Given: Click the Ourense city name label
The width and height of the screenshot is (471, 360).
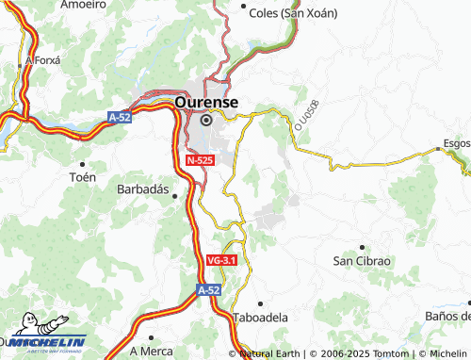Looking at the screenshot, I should (206, 102).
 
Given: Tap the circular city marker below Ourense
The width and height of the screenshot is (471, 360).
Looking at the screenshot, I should (206, 120).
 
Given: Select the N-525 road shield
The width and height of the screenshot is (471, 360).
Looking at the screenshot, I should (199, 161).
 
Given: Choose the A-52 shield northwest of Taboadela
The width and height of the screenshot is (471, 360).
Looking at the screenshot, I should (209, 290).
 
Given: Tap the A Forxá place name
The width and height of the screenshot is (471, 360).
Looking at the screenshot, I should (42, 59).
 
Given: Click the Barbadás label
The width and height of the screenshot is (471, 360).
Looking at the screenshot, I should (141, 189).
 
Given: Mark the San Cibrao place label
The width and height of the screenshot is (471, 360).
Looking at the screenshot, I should (362, 259).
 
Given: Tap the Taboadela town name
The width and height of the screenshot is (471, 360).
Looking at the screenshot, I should (259, 318).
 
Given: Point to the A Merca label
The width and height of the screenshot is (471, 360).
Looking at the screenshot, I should (151, 350).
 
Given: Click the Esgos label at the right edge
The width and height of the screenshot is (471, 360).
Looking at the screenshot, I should (454, 145).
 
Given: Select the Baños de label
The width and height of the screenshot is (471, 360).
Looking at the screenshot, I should (447, 315).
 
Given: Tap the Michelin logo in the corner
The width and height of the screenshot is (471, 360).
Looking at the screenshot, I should (42, 341).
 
